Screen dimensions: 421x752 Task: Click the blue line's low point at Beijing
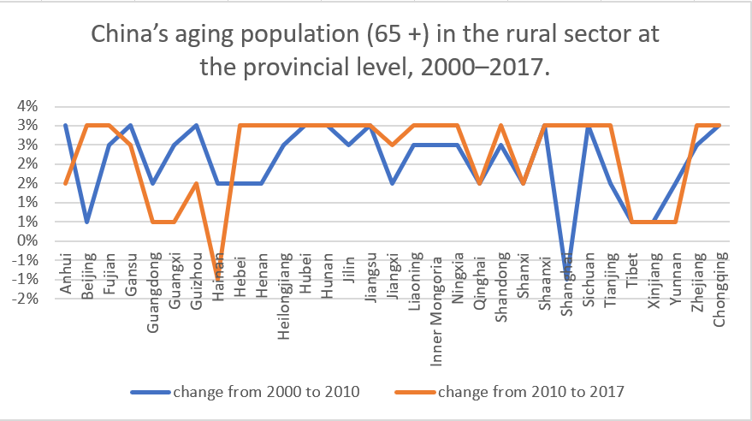(x=87, y=222)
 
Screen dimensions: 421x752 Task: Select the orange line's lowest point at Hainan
(x=219, y=279)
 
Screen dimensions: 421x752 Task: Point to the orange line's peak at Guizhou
(x=197, y=183)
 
